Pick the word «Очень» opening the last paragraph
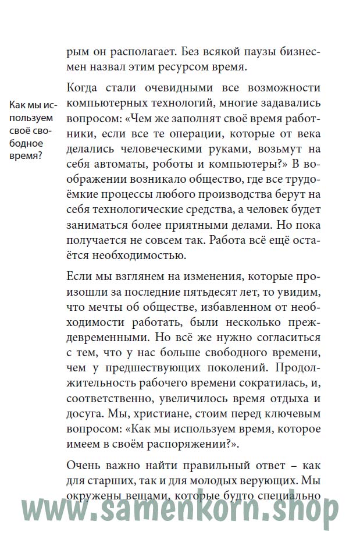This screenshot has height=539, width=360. click(x=85, y=466)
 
